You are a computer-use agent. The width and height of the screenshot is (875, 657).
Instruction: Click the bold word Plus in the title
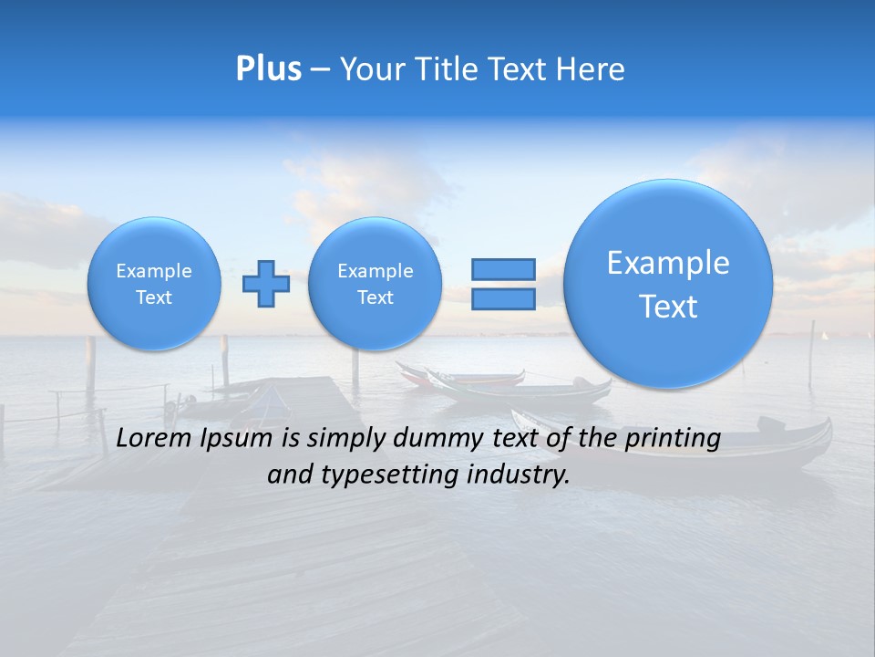(268, 69)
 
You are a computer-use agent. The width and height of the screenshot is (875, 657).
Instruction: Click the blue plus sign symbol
(266, 283)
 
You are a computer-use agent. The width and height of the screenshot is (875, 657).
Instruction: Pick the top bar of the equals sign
(503, 269)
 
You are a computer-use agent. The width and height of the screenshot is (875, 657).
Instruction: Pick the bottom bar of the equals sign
(503, 299)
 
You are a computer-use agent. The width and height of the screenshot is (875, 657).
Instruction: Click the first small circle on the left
(154, 284)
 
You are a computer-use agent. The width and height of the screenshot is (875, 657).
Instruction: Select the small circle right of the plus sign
(376, 284)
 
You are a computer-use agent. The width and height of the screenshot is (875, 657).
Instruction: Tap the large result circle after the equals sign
(668, 284)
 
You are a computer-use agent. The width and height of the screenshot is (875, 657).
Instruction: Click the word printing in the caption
(673, 438)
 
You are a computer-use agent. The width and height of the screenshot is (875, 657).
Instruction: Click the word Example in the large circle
(668, 263)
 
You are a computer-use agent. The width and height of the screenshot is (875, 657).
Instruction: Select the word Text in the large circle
(668, 307)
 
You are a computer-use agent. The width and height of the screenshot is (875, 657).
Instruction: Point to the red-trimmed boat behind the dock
(465, 376)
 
